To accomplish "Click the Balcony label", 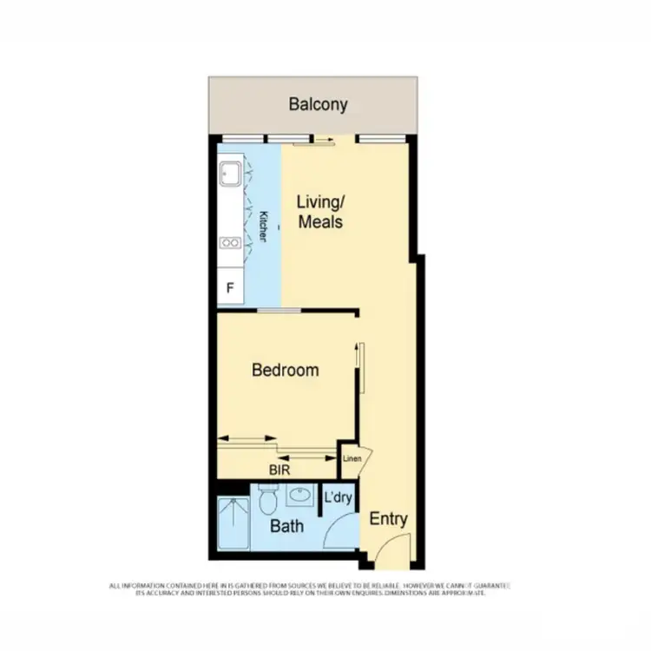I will pos(318,105).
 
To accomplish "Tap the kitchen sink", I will pos(229,173).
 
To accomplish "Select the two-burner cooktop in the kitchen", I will pos(230,243).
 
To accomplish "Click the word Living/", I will pos(320,201).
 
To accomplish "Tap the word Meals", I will pos(320,221).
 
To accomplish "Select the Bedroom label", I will pos(285,370).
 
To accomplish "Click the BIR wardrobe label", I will pos(279,470).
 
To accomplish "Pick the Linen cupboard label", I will pos(352,458).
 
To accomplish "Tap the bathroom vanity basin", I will pos(300,496).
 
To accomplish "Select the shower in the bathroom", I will pos(233,524).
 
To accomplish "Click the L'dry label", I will pos(338,498).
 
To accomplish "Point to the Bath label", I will pos(286,526).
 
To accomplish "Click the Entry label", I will pos(388,519).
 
